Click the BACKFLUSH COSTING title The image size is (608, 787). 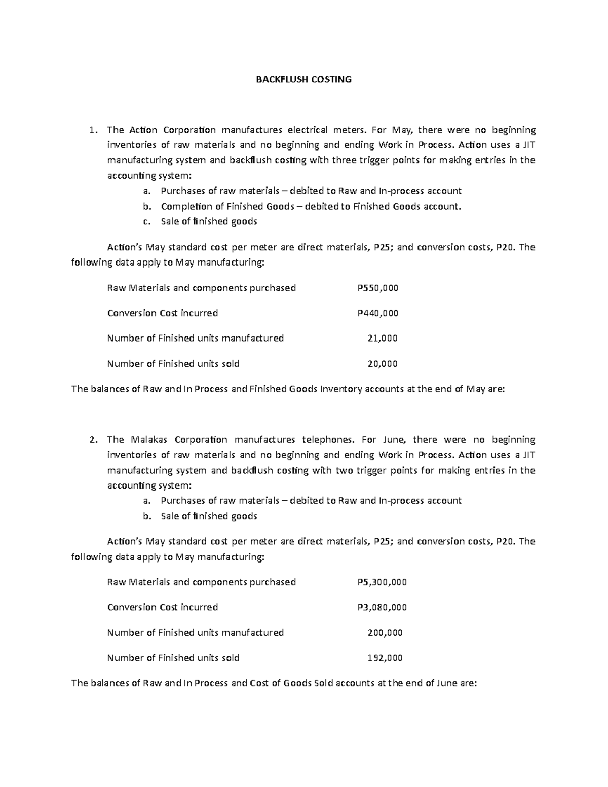(x=303, y=79)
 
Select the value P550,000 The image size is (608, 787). (x=377, y=288)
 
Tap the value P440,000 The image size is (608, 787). (x=377, y=313)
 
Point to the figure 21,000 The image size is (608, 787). (x=382, y=338)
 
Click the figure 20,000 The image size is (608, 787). (x=382, y=363)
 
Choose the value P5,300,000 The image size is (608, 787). (x=382, y=582)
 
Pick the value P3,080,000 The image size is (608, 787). (x=382, y=607)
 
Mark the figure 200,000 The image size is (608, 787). (x=385, y=632)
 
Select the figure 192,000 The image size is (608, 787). (x=385, y=658)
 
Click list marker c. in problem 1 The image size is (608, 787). (x=147, y=221)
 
